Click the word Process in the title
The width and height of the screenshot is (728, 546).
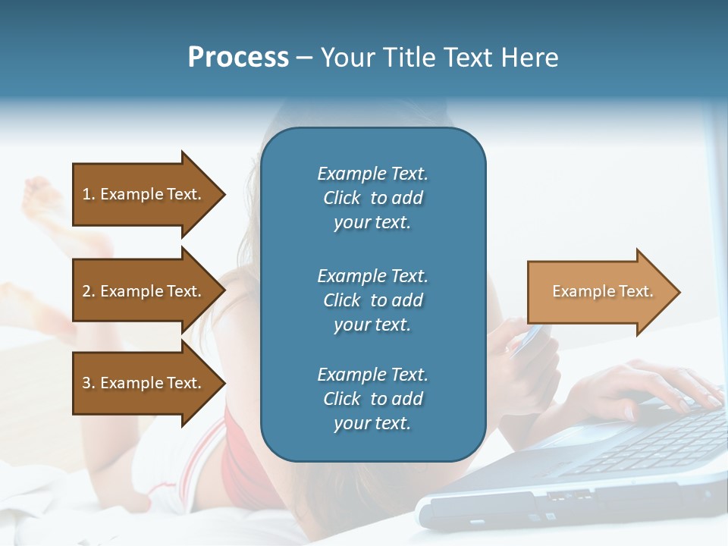(x=238, y=57)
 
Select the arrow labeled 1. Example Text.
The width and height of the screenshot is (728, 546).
(x=143, y=194)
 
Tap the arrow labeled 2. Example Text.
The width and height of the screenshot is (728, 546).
(x=143, y=291)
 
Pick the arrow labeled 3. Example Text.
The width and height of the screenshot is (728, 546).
(x=143, y=383)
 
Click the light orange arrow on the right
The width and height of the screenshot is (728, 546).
(x=599, y=291)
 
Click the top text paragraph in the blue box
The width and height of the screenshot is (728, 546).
(x=372, y=198)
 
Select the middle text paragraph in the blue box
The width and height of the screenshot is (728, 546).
(x=372, y=300)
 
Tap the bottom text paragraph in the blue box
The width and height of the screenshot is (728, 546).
(x=372, y=399)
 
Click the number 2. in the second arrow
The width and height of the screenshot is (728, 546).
(x=89, y=291)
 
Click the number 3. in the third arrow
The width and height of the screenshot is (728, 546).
(x=89, y=383)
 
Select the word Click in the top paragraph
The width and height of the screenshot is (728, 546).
(x=342, y=198)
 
